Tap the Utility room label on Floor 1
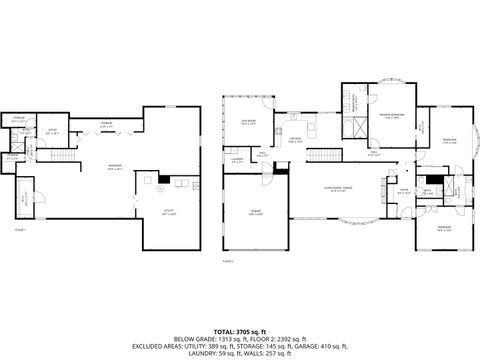[168, 212]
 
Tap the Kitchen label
[296, 140]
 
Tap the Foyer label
[404, 190]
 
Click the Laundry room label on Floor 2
[237, 160]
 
